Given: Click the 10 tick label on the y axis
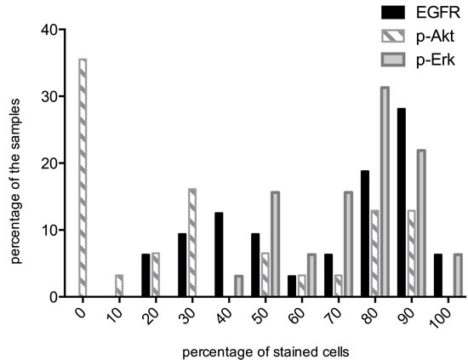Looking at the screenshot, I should click(48, 230).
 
